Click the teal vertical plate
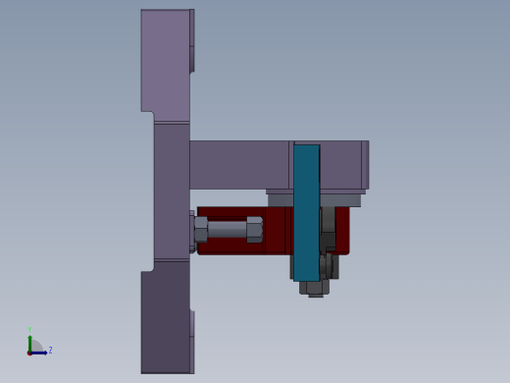coord(306,211)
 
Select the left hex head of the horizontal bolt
coord(200,230)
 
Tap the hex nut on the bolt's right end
coord(254,230)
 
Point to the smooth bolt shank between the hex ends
coord(227,229)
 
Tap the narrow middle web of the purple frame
coord(171,191)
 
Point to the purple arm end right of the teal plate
coord(342,164)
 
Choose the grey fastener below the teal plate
coord(315,288)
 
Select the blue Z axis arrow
coord(41,352)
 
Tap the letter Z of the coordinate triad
coord(50,350)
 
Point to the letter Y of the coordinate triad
coord(30,330)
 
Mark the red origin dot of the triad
coord(30,352)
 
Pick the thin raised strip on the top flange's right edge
coord(192,39)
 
